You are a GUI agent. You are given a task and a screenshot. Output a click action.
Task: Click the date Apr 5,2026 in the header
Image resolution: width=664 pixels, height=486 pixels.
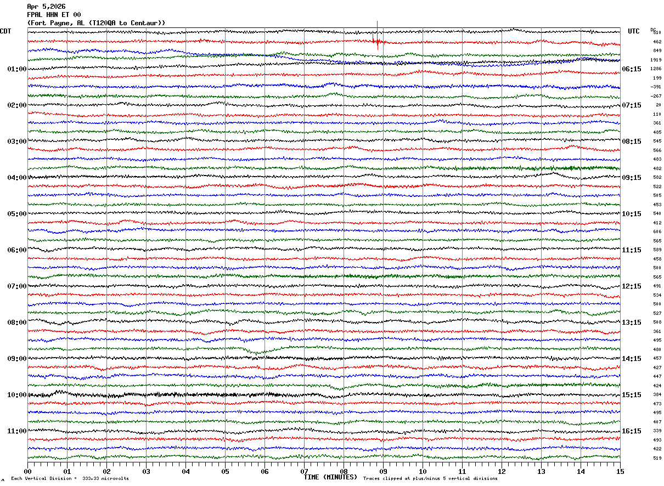tap(46, 7)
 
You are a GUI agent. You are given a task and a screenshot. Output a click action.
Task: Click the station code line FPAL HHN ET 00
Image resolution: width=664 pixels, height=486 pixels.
tap(54, 15)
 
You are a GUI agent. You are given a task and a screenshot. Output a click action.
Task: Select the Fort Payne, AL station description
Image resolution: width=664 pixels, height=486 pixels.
tap(96, 23)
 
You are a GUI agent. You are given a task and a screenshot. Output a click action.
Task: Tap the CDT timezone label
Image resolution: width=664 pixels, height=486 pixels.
tap(5, 31)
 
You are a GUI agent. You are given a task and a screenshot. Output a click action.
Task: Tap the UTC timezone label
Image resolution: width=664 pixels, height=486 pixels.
tap(634, 31)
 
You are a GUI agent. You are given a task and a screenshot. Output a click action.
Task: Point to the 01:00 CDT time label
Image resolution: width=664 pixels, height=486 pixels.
tap(16, 69)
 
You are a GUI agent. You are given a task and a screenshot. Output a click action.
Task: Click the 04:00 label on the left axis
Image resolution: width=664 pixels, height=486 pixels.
tap(16, 178)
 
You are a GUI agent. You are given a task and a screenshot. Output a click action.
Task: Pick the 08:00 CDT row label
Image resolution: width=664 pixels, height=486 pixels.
tap(16, 323)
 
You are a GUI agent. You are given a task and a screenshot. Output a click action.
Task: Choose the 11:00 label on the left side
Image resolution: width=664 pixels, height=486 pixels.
tap(16, 431)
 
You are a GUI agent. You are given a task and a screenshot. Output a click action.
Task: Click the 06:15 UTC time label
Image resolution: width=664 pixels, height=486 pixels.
tap(631, 69)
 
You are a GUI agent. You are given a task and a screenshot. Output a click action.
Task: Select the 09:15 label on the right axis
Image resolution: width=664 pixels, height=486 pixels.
tap(631, 178)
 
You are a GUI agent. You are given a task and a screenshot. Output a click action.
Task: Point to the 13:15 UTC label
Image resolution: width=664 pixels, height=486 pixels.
tap(631, 323)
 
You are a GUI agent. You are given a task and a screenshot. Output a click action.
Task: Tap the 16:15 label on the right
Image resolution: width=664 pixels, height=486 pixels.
tap(631, 431)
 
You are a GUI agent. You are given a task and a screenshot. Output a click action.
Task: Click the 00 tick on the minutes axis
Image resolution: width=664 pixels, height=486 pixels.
tap(27, 471)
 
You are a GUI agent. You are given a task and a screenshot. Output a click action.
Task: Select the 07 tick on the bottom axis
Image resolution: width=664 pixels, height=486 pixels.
tap(304, 471)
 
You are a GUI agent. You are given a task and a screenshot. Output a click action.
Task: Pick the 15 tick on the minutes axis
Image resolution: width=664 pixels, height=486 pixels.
tap(620, 471)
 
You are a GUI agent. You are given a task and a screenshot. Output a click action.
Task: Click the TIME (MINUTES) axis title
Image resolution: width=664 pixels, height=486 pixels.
tap(330, 477)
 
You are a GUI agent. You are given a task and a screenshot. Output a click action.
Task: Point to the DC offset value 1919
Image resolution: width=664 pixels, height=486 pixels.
tap(656, 60)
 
